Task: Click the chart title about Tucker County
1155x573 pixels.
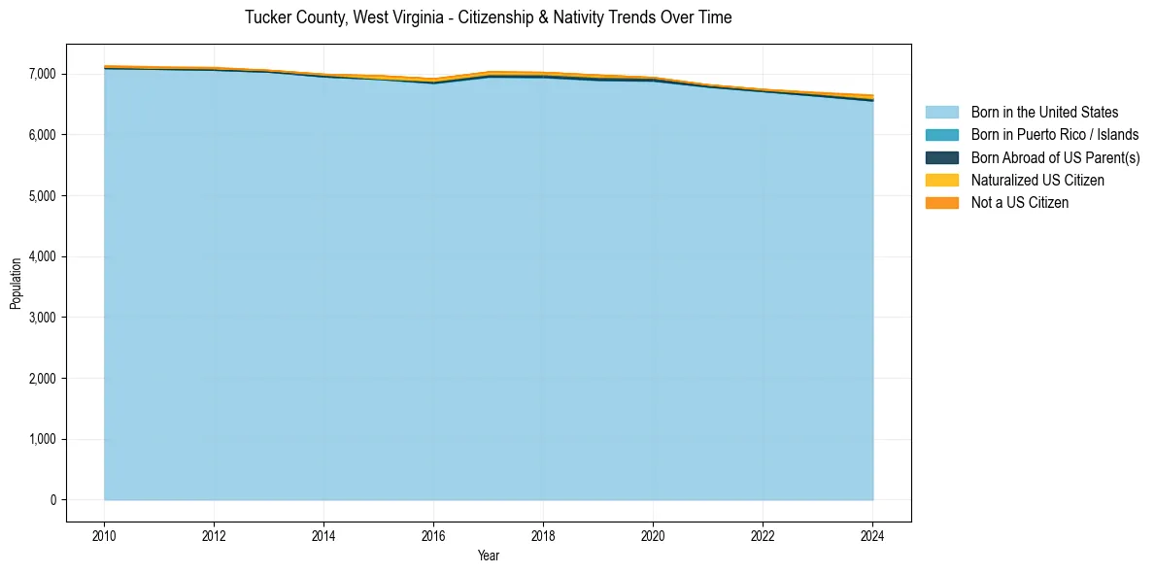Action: click(x=488, y=17)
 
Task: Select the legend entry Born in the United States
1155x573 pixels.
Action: click(x=1044, y=113)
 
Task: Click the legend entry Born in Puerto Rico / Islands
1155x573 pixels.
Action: click(x=1054, y=135)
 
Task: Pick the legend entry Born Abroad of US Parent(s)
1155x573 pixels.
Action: click(x=1055, y=157)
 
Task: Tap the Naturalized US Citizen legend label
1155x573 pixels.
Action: click(x=1037, y=181)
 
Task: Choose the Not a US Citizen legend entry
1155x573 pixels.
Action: click(x=1019, y=203)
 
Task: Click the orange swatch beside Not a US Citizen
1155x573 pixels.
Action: click(x=941, y=203)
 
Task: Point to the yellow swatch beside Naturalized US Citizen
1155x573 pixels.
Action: click(x=941, y=181)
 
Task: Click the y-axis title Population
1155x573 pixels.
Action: click(x=16, y=284)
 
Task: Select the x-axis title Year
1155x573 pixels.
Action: click(x=489, y=556)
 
